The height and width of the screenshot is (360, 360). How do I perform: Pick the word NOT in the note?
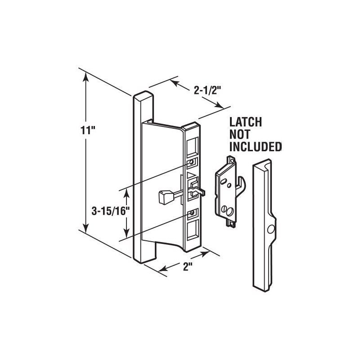[240, 134]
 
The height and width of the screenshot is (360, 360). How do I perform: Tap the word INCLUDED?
[256, 146]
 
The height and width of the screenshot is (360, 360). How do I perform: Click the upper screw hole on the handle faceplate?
[193, 161]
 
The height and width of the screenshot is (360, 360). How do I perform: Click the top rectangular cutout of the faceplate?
[191, 145]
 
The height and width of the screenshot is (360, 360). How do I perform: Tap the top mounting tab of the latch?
[232, 158]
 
